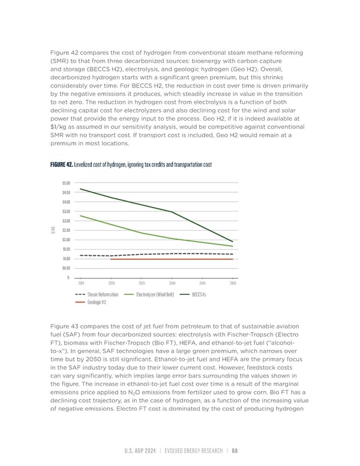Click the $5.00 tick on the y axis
pyautogui.click(x=65, y=183)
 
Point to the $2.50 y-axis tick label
pyautogui.click(x=65, y=230)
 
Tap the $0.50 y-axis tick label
pyautogui.click(x=65, y=268)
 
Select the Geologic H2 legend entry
pyautogui.click(x=97, y=302)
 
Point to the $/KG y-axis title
pyautogui.click(x=54, y=230)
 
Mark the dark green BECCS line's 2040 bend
pyautogui.click(x=172, y=212)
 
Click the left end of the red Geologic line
pyautogui.click(x=111, y=259)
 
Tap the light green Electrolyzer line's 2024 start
pyautogui.click(x=81, y=216)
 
